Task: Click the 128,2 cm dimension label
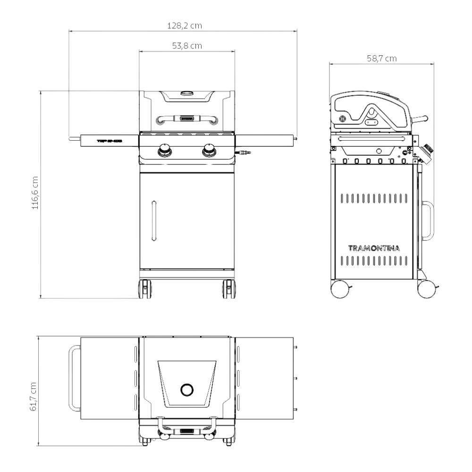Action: tap(184, 26)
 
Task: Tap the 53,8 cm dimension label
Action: tap(185, 46)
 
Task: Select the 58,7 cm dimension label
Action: tap(381, 59)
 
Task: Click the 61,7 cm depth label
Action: tap(33, 390)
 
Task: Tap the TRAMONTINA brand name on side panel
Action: tap(375, 248)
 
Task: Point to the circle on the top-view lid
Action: tap(187, 389)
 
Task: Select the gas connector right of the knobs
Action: tap(244, 152)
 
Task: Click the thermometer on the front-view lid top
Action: tap(187, 93)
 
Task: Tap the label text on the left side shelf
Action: tap(110, 140)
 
